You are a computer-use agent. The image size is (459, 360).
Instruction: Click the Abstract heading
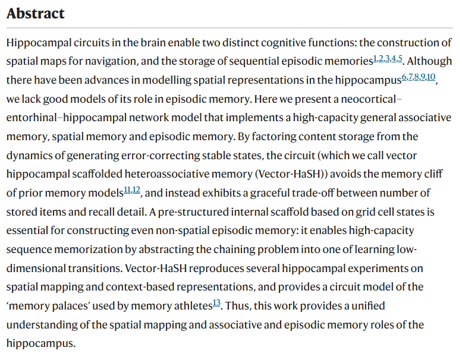pyautogui.click(x=36, y=14)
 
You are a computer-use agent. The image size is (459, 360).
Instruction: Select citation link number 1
pyautogui.click(x=375, y=58)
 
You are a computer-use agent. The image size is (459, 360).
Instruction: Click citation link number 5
pyautogui.click(x=400, y=58)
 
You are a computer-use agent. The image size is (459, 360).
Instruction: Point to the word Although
pyautogui.click(x=429, y=61)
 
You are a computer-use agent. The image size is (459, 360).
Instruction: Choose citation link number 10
pyautogui.click(x=431, y=77)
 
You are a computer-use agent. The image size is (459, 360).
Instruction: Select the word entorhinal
pyautogui.click(x=32, y=118)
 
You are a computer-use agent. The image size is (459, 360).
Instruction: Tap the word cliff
pyautogui.click(x=433, y=174)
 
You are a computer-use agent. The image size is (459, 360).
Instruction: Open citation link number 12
pyautogui.click(x=136, y=190)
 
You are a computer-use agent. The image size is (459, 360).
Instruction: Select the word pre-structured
pyautogui.click(x=193, y=211)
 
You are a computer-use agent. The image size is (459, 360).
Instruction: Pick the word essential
pyautogui.click(x=27, y=230)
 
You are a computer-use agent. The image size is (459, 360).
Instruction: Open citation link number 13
pyautogui.click(x=216, y=303)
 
